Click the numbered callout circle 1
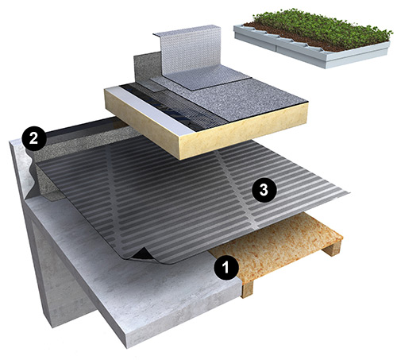[x=225, y=268]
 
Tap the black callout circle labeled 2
[x=33, y=138]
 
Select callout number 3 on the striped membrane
[x=264, y=190]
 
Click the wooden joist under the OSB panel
[x=247, y=288]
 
